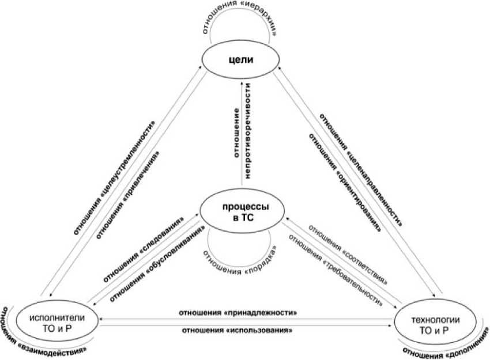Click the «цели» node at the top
pyautogui.click(x=239, y=60)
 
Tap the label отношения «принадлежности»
pyautogui.click(x=238, y=313)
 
